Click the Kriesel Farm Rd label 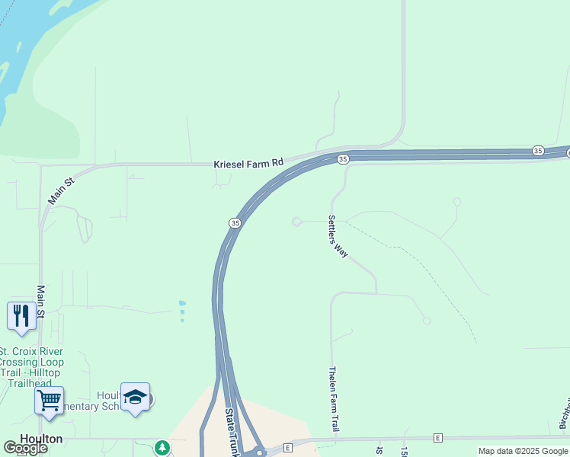[x=249, y=163]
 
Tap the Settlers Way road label [x=338, y=236]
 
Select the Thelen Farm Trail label [x=333, y=399]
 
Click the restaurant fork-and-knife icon [x=21, y=315]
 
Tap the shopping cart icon [x=50, y=400]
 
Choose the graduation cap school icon [x=135, y=397]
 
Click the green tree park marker [x=162, y=448]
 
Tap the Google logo [x=24, y=449]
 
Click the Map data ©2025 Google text [x=523, y=451]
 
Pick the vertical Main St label [x=41, y=302]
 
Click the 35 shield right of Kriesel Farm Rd [x=343, y=158]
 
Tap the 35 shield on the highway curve [x=235, y=222]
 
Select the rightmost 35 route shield [x=538, y=151]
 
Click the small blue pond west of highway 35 [x=181, y=311]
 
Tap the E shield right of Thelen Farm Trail [x=438, y=438]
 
